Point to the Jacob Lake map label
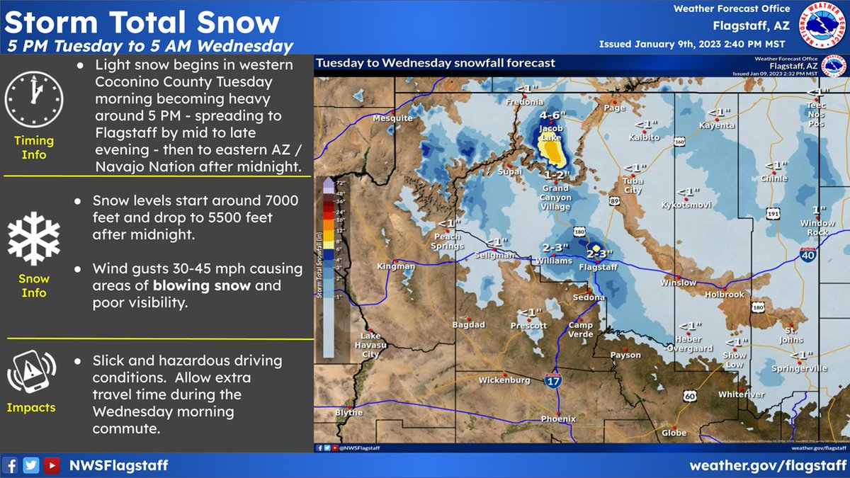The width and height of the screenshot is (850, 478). [x=550, y=133]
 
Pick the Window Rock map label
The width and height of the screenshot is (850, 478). [x=817, y=228]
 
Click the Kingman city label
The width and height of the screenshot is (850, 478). [x=397, y=266]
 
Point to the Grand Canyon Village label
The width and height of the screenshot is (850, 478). [x=555, y=198]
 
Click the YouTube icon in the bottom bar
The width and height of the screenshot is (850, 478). [x=52, y=465]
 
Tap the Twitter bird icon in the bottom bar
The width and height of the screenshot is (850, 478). [x=31, y=465]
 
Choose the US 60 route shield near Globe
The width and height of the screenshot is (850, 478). [x=689, y=397]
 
